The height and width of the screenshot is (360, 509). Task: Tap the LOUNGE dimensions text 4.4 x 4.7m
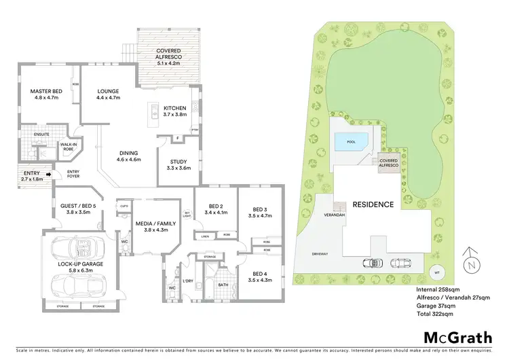pyautogui.click(x=109, y=98)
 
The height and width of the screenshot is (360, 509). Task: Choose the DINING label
pyautogui.click(x=130, y=153)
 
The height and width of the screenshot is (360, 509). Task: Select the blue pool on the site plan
pyautogui.click(x=352, y=141)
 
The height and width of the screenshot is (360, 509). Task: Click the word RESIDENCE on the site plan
pyautogui.click(x=373, y=204)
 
